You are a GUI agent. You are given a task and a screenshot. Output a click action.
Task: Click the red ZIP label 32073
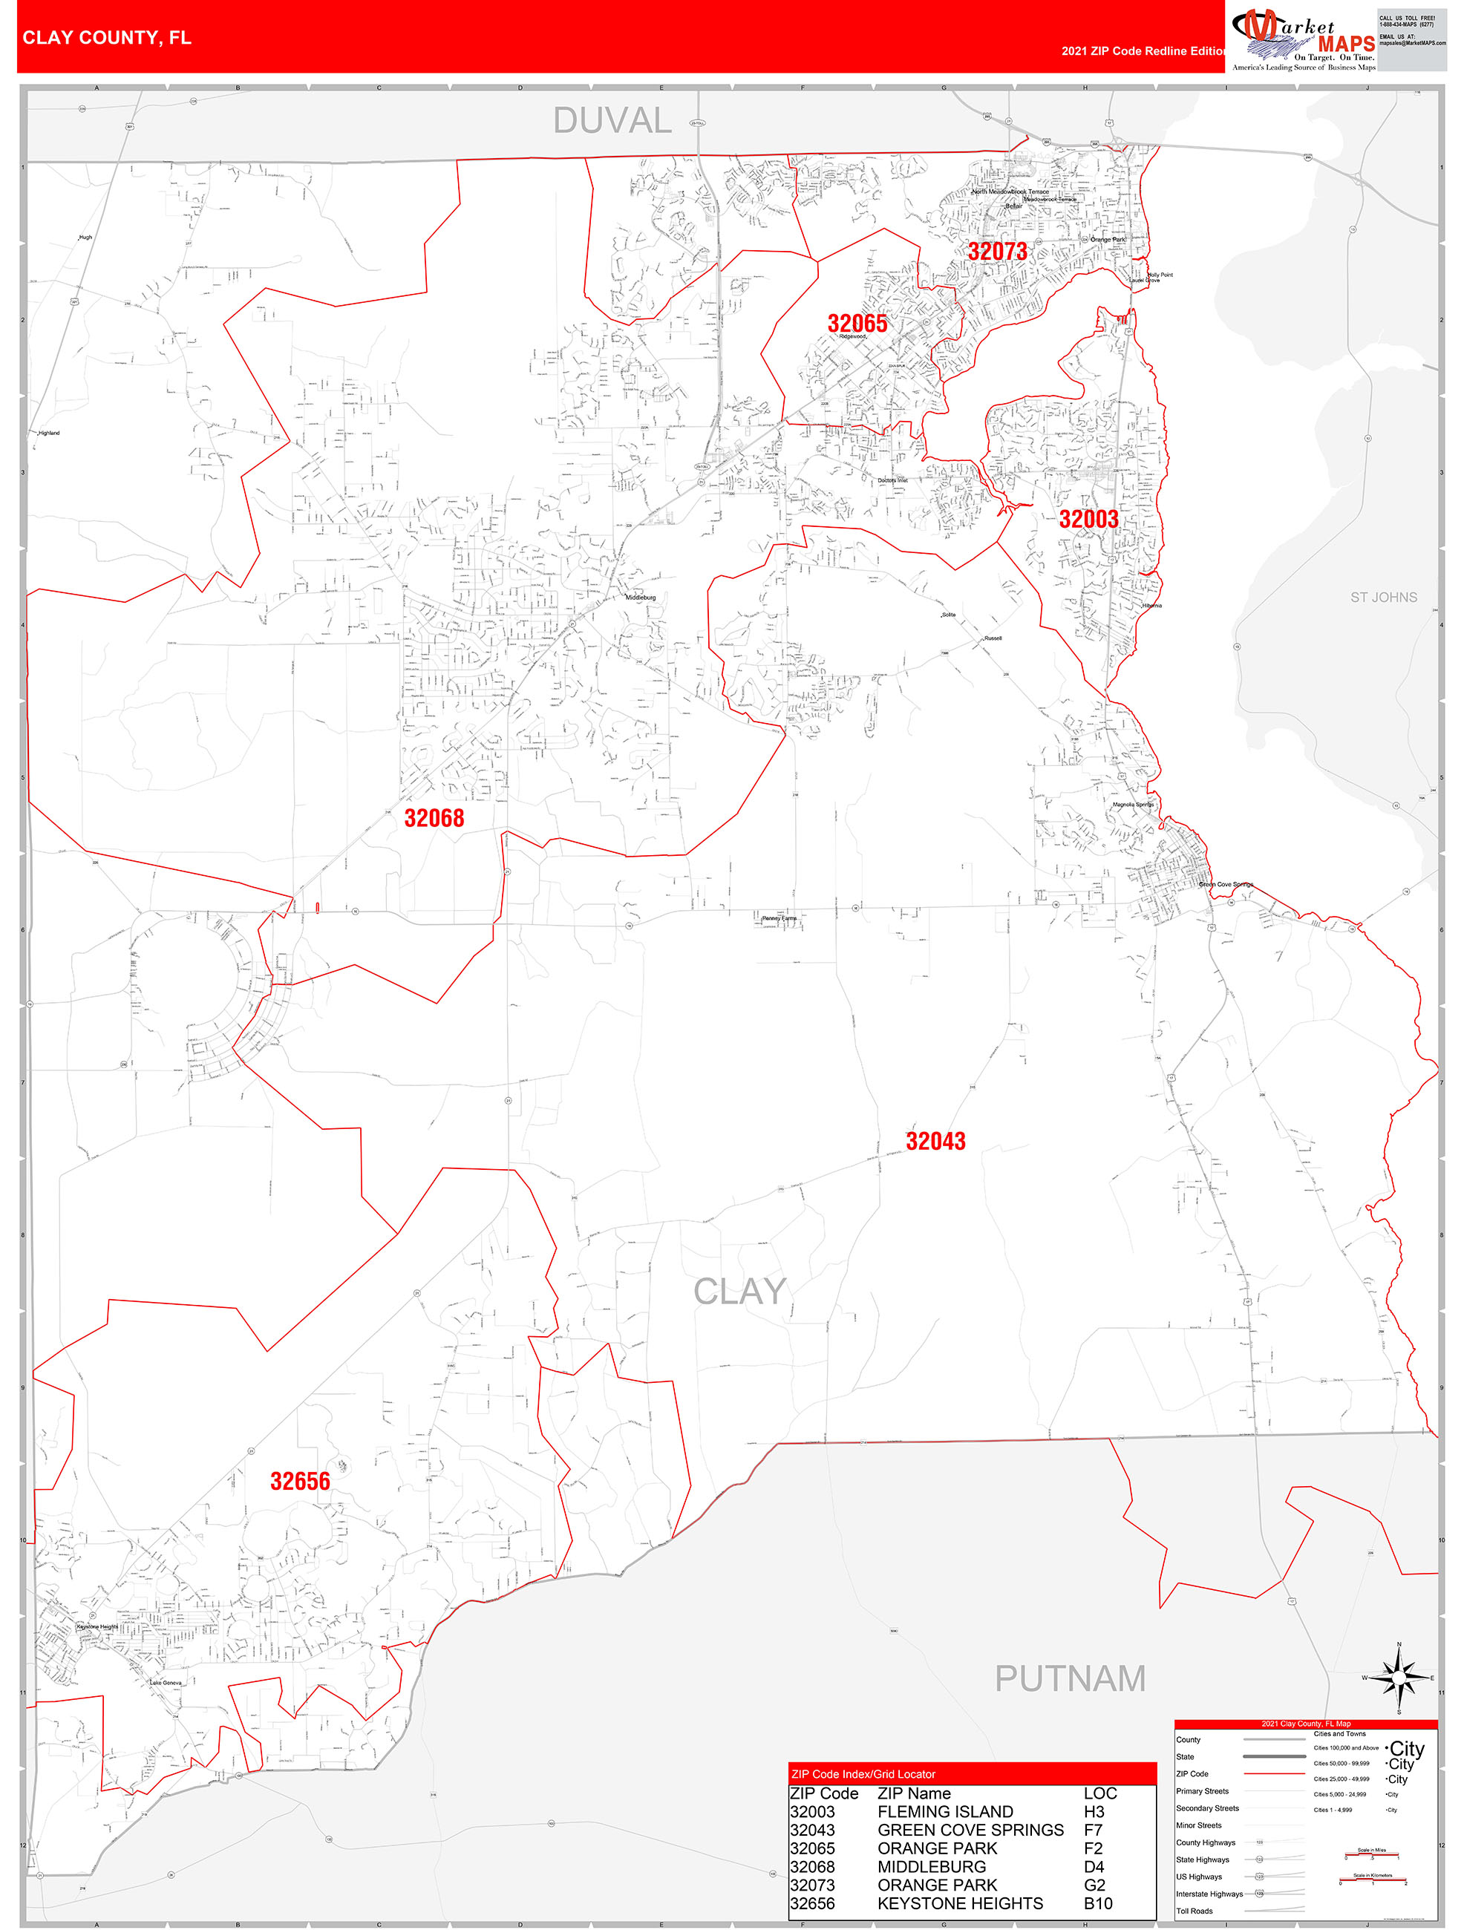[x=997, y=252]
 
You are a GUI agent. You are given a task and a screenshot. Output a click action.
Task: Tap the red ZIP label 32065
[x=857, y=323]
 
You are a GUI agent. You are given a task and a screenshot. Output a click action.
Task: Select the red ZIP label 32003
[x=1088, y=519]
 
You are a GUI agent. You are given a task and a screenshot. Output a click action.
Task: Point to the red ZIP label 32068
[x=434, y=817]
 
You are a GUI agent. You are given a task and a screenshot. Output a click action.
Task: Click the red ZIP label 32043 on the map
[x=935, y=1141]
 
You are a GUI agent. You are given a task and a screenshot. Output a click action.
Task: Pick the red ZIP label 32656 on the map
[x=300, y=1481]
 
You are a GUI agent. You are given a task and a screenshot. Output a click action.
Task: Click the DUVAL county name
[x=612, y=120]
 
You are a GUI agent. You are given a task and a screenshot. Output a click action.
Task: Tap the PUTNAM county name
[x=1070, y=1678]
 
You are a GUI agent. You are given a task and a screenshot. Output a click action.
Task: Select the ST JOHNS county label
[x=1383, y=598]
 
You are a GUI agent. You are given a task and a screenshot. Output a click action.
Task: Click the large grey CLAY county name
[x=740, y=1292]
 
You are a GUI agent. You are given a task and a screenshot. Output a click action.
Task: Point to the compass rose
[x=1399, y=1677]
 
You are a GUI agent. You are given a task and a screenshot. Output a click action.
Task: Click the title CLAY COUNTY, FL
[x=106, y=38]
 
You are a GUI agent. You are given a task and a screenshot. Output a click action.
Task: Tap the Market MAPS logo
[x=1303, y=39]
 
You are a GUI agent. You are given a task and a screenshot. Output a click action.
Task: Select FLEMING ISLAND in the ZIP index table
[x=945, y=1812]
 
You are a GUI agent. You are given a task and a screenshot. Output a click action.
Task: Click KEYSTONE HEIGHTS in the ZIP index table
[x=960, y=1904]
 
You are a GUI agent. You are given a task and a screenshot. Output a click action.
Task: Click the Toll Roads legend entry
[x=1194, y=1911]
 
